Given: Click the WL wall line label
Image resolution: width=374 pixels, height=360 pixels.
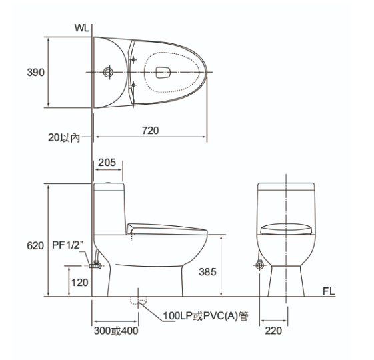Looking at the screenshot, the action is tap(81, 28).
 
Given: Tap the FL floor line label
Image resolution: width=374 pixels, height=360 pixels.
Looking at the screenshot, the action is tap(329, 291).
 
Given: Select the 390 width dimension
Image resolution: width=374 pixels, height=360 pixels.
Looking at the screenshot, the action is tap(35, 72).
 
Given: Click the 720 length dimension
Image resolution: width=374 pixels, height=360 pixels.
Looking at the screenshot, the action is tap(150, 131).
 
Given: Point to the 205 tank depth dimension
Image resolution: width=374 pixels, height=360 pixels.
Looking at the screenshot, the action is tap(107, 163).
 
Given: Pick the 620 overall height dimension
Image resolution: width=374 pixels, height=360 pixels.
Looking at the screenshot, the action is tap(35, 245).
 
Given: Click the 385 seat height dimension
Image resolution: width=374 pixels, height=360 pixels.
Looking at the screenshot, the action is tap(207, 272).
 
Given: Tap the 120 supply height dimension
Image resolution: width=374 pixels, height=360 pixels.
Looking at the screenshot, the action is tap(79, 283).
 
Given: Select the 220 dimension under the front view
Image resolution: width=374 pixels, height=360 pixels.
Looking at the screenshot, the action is tap(273, 331).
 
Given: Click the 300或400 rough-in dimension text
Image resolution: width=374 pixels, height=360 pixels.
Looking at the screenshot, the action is tap(116, 331).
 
